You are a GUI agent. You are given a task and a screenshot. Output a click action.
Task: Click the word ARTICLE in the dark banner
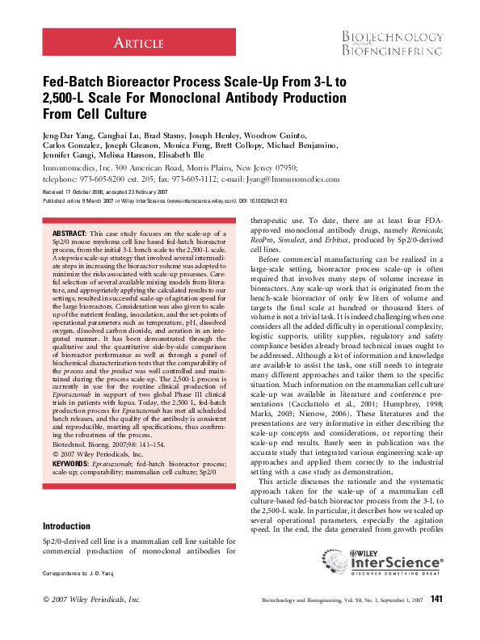[x=137, y=42]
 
